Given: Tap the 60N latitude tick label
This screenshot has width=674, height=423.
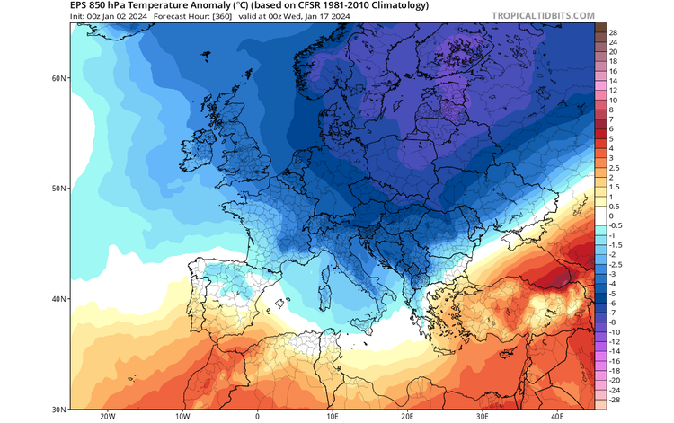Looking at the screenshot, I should pos(59,78).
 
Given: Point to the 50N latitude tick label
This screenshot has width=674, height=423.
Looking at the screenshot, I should pos(59,189).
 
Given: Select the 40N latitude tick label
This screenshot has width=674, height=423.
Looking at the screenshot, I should pos(59,299).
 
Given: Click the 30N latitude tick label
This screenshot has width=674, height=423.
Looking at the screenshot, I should pos(59,410).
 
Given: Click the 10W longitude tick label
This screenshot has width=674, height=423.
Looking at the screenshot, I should pos(182,417).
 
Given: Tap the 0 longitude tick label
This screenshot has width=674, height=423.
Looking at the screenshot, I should pos(257,417).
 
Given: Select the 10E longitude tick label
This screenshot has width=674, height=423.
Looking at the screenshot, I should pos(332,417).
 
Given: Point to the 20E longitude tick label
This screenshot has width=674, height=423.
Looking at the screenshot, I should pos(407,417).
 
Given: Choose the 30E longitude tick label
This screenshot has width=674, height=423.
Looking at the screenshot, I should pos(482,417).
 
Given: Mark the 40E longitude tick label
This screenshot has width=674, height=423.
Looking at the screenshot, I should pos(557,417).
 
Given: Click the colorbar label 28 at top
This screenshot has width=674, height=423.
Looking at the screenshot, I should pos(613,32).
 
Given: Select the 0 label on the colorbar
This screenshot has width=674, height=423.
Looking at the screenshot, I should pos(611,216).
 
